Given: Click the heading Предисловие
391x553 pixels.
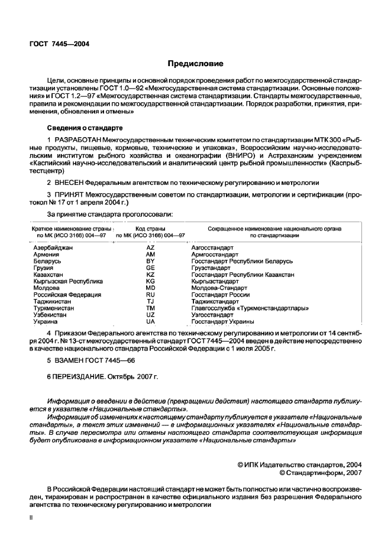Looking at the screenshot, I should (x=195, y=64).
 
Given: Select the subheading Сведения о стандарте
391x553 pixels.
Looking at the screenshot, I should (x=85, y=128).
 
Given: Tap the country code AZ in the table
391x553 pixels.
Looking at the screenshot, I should (x=150, y=248).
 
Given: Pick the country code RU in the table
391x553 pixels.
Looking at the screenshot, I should (x=150, y=294).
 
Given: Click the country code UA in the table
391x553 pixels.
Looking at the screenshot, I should (x=150, y=322).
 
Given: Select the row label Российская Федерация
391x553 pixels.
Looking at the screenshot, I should (x=67, y=294).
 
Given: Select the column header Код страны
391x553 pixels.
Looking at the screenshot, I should (x=150, y=228).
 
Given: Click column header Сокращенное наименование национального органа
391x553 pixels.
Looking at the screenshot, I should (x=274, y=228).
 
